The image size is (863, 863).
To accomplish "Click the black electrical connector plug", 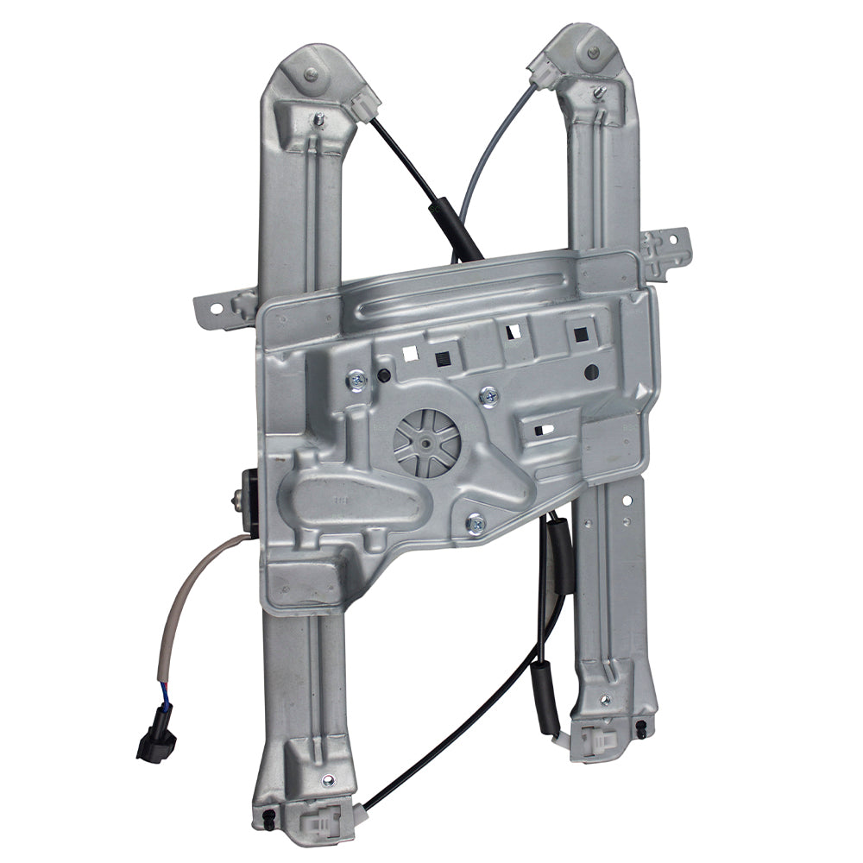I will point(156,742).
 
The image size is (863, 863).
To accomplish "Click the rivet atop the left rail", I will point(311,75).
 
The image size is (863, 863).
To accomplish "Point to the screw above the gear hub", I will point(489,396).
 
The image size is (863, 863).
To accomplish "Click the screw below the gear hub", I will point(476,522).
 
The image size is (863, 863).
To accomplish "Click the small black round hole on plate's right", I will point(591,373).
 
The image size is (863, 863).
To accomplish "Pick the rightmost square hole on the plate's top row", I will point(576,330).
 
